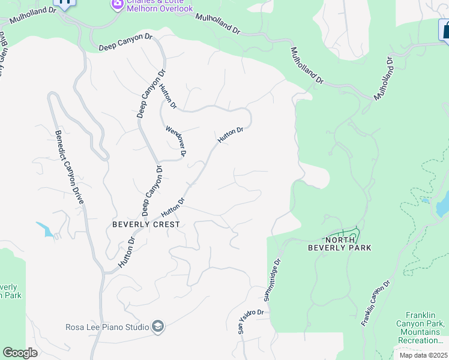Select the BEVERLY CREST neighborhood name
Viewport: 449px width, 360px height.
click(146, 224)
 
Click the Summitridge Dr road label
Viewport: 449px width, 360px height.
click(272, 280)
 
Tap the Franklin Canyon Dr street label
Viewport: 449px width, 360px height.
click(376, 303)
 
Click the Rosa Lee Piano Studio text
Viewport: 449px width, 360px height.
click(107, 327)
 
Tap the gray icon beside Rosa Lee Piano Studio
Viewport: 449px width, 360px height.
click(158, 326)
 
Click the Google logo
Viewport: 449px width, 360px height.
click(20, 353)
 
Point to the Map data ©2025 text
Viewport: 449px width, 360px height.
click(423, 355)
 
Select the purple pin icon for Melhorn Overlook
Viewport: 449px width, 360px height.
click(117, 5)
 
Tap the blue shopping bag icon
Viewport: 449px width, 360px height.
click(445, 30)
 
